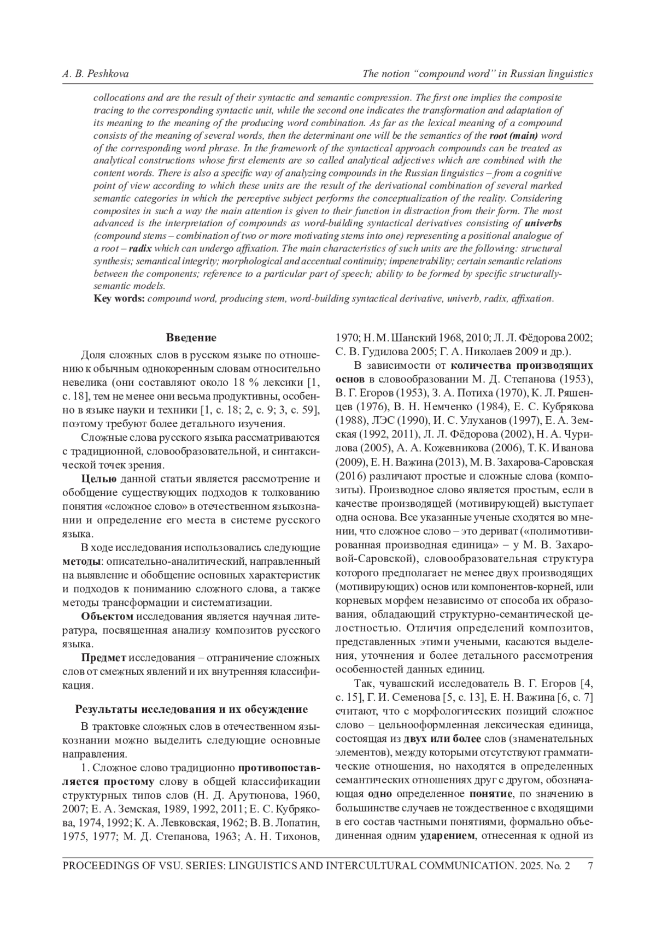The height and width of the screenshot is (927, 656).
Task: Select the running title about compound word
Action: pyautogui.click(x=478, y=74)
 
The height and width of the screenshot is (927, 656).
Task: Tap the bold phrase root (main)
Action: pyautogui.click(x=513, y=135)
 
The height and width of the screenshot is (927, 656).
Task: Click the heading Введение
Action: pyautogui.click(x=191, y=338)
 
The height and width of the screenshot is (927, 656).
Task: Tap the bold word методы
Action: pyautogui.click(x=81, y=562)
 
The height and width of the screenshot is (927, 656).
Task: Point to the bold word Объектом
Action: pyautogui.click(x=107, y=617)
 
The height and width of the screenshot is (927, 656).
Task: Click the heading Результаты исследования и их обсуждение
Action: pyautogui.click(x=191, y=710)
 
